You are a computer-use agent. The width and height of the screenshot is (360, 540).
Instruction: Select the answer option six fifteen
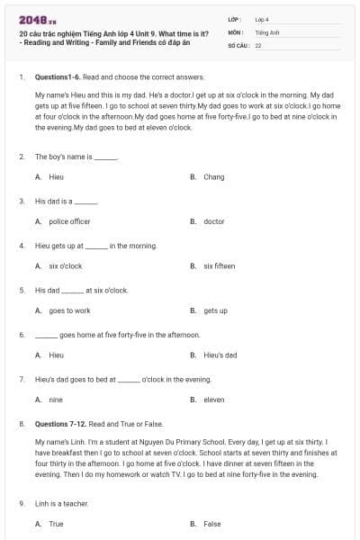tap(219, 266)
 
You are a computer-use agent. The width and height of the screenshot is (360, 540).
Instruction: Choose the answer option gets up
tap(215, 310)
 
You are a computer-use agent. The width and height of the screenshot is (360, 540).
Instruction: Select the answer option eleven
tap(214, 400)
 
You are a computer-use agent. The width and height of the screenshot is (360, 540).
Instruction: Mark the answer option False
tap(211, 523)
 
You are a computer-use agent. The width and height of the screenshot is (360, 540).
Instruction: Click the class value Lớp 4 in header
tap(262, 18)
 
